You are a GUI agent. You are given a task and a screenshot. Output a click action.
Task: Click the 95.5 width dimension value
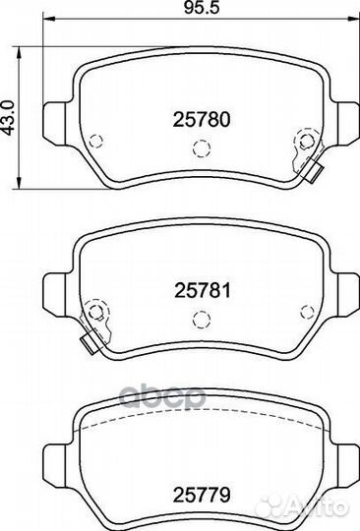(202, 8)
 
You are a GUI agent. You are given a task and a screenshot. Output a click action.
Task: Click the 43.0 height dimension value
(8, 118)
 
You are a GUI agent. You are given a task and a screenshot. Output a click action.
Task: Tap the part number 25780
(202, 120)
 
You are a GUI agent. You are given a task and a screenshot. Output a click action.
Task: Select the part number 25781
(203, 290)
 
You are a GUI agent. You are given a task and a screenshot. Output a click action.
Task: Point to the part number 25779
(202, 495)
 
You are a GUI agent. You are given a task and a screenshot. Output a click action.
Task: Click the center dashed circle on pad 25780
(202, 147)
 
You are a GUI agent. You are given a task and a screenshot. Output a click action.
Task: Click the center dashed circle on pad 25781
(202, 320)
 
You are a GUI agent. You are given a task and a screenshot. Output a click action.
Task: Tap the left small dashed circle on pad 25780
(95, 142)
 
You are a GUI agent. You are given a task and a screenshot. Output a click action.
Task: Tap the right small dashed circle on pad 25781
(307, 312)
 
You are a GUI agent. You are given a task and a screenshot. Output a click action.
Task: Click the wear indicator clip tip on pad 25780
(315, 173)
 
